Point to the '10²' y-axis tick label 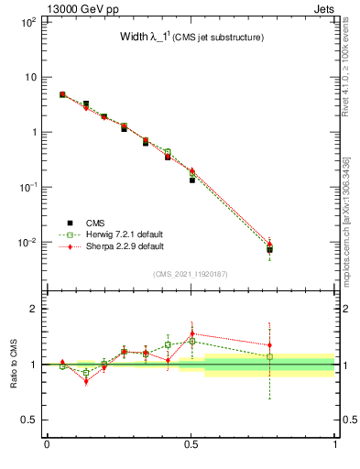pos(27,21)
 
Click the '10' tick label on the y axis pos(29,77)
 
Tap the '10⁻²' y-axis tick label pos(27,243)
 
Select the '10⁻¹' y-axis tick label pos(27,187)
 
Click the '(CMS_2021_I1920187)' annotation pos(191,273)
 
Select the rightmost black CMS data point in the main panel pos(269,249)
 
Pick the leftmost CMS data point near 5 pos(62,94)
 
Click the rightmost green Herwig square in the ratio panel pos(269,356)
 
